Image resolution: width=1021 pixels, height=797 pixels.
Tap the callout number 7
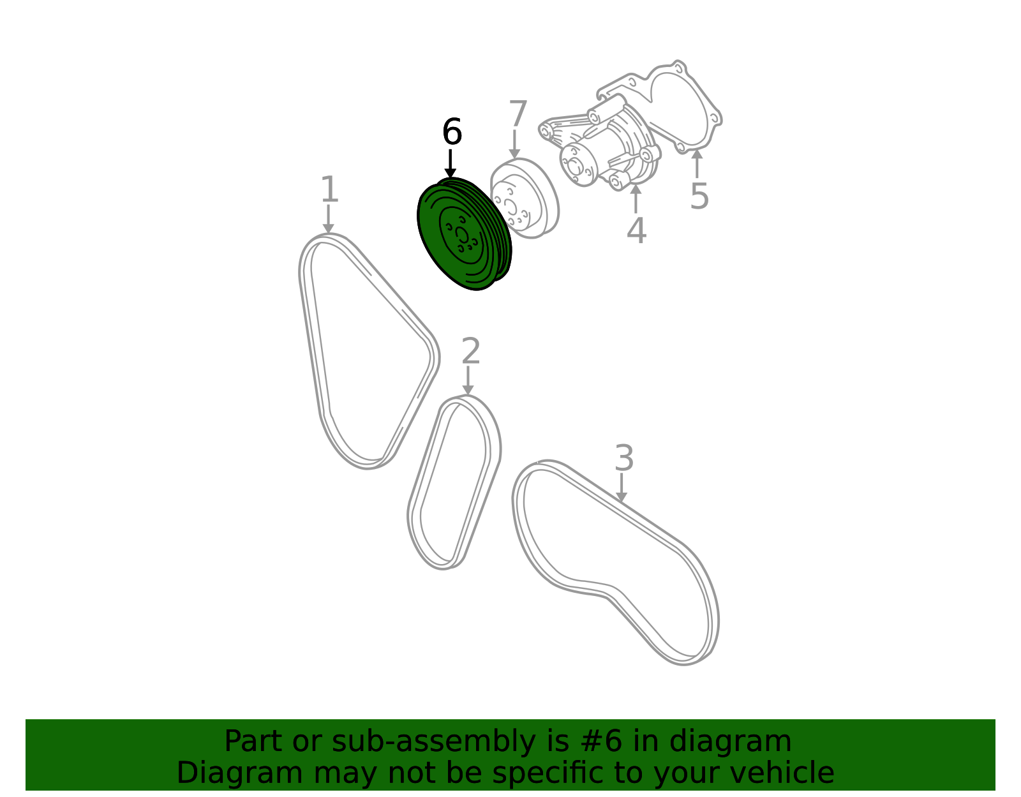pyautogui.click(x=518, y=113)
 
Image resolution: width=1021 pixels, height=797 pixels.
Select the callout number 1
pyautogui.click(x=329, y=189)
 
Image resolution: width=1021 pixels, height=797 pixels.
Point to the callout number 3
pyautogui.click(x=625, y=458)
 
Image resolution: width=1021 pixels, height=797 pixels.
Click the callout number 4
pyautogui.click(x=637, y=230)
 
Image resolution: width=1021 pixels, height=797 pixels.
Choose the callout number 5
pyautogui.click(x=699, y=196)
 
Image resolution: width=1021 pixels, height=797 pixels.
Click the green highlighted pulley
pyautogui.click(x=464, y=234)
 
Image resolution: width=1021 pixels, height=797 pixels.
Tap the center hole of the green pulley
pyautogui.click(x=462, y=235)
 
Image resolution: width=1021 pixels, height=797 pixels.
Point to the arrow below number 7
pyautogui.click(x=514, y=144)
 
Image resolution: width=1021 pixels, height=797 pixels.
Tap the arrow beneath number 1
pyautogui.click(x=329, y=219)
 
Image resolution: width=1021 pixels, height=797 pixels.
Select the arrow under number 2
pyautogui.click(x=468, y=380)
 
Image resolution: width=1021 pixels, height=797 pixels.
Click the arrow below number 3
pyautogui.click(x=622, y=488)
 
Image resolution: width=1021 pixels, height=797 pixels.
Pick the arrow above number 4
pyautogui.click(x=636, y=198)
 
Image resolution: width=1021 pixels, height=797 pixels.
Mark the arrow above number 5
pyautogui.click(x=697, y=163)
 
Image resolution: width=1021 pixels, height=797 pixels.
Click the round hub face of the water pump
pyautogui.click(x=578, y=165)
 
